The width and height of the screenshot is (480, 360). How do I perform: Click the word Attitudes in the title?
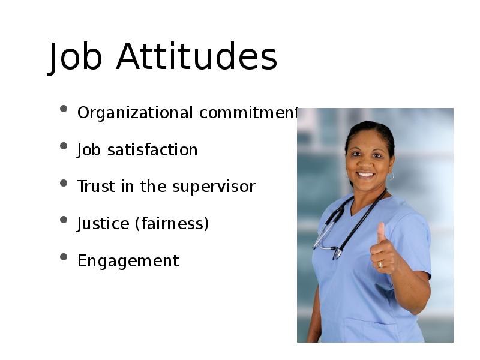[197, 56]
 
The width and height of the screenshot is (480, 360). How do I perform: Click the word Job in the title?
[74, 58]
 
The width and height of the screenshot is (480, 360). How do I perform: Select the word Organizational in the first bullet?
[135, 113]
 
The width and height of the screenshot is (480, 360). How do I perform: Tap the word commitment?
[248, 113]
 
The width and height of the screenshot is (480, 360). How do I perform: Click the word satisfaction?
[152, 150]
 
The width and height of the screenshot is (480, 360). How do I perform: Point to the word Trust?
[95, 187]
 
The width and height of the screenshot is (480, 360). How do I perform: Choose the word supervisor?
[214, 187]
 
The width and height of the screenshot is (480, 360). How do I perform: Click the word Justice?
[103, 224]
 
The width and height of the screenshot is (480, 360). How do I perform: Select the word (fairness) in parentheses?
[172, 224]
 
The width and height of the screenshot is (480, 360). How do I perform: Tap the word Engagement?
[128, 262]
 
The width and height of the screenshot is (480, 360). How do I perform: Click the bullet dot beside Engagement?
[64, 257]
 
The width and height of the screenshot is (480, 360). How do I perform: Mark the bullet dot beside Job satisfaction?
[64, 146]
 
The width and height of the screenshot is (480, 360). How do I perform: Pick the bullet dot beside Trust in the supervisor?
[64, 183]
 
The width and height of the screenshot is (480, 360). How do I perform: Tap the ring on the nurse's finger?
[380, 265]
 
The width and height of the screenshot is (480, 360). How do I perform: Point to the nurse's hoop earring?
[391, 176]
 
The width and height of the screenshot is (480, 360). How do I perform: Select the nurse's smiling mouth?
[366, 175]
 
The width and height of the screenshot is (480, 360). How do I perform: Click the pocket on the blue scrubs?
[370, 331]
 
